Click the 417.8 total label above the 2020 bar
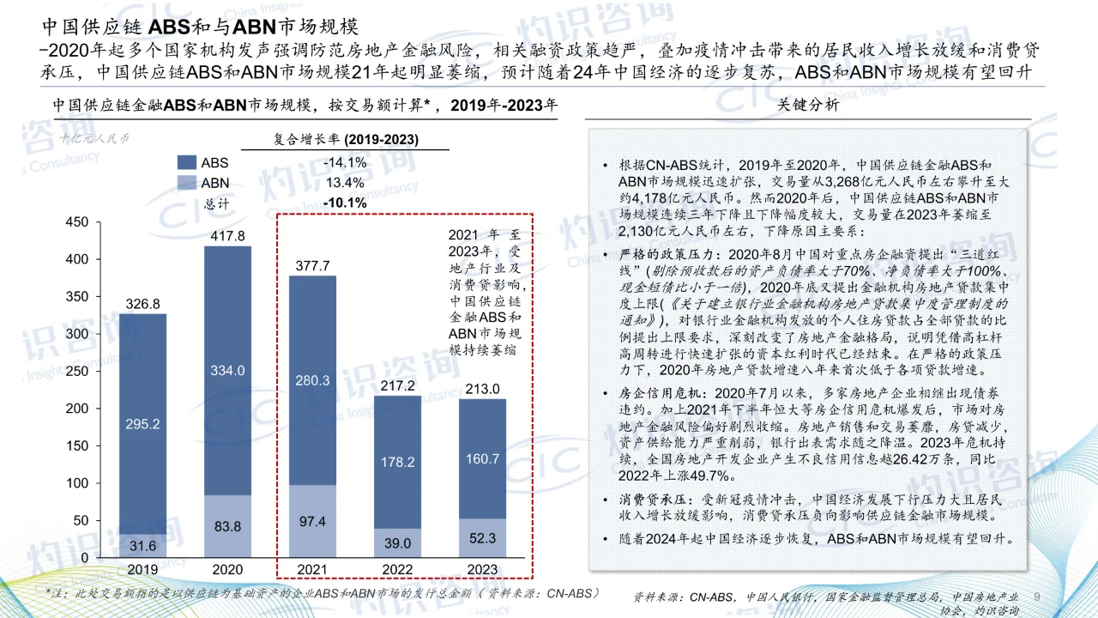(x=228, y=235)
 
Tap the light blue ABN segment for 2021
(x=312, y=521)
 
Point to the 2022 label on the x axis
(x=397, y=569)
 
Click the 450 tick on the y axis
(x=77, y=222)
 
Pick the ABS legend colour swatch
(x=186, y=162)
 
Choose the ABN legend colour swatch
(x=186, y=183)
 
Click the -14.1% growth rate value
(x=345, y=162)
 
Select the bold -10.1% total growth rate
(x=345, y=203)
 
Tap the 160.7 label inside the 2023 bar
(x=482, y=459)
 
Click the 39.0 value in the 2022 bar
(x=397, y=543)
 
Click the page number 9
(x=1037, y=597)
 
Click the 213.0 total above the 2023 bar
(x=482, y=388)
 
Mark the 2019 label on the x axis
(x=142, y=569)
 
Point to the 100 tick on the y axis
(x=77, y=483)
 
